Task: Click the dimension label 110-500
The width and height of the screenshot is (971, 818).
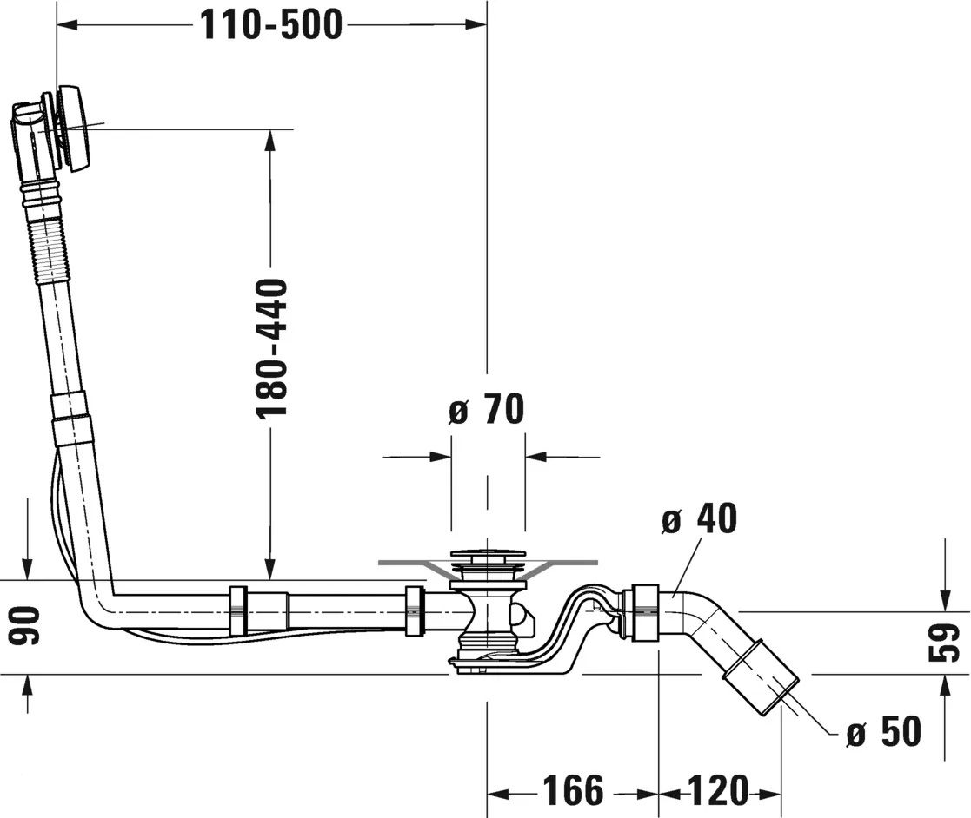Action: (x=271, y=26)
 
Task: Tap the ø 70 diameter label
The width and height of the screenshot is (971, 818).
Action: (x=487, y=410)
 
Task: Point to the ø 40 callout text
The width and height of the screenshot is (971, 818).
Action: (x=698, y=519)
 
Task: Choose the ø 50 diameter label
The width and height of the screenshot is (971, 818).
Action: (x=883, y=733)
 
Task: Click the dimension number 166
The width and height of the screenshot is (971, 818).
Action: (x=573, y=791)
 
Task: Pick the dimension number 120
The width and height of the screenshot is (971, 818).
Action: (x=718, y=791)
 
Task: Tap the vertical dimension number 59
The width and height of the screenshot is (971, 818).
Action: (x=948, y=643)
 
